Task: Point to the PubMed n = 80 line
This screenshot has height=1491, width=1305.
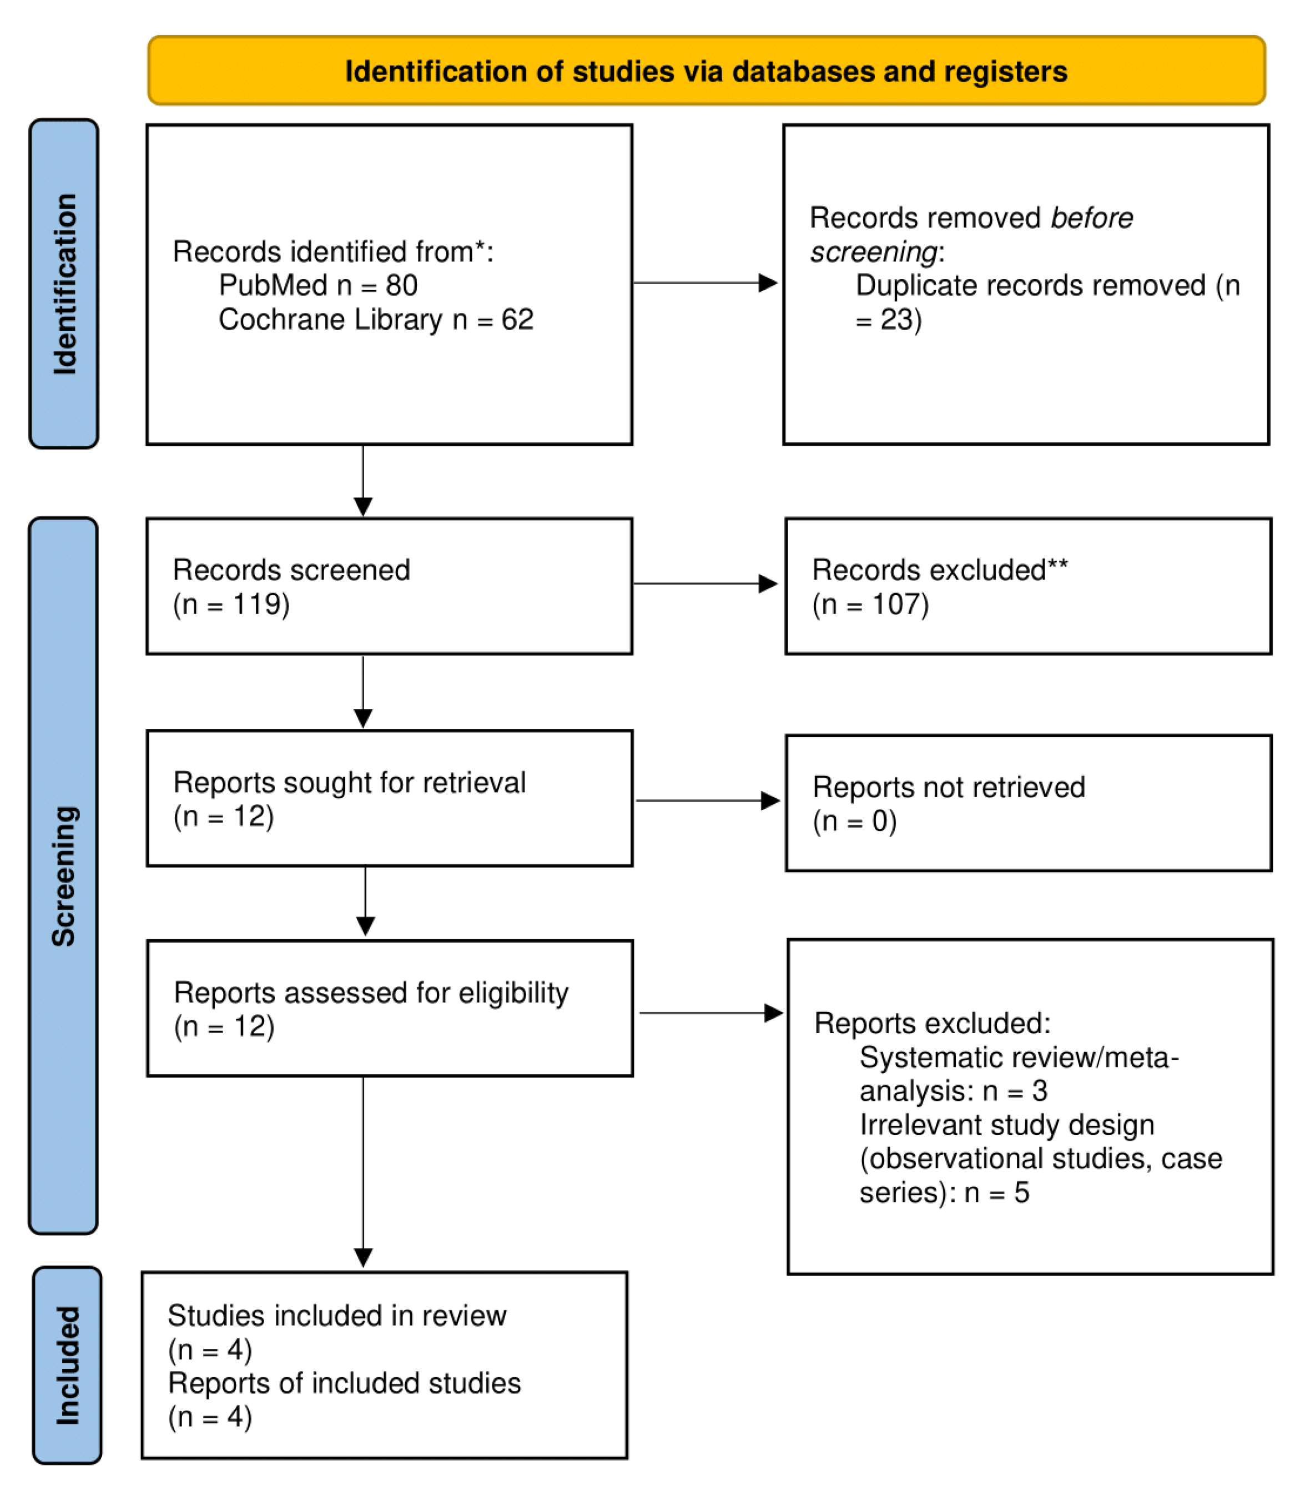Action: click(x=318, y=285)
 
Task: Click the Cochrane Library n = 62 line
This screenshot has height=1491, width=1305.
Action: click(x=376, y=319)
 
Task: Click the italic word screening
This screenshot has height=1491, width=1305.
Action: click(x=873, y=252)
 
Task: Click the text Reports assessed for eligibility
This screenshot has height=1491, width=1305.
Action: click(x=371, y=992)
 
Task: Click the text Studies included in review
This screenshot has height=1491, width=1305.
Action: click(x=336, y=1316)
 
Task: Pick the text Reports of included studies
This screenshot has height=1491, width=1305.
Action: click(x=345, y=1383)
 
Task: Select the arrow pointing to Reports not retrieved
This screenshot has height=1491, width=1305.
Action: click(x=707, y=800)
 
